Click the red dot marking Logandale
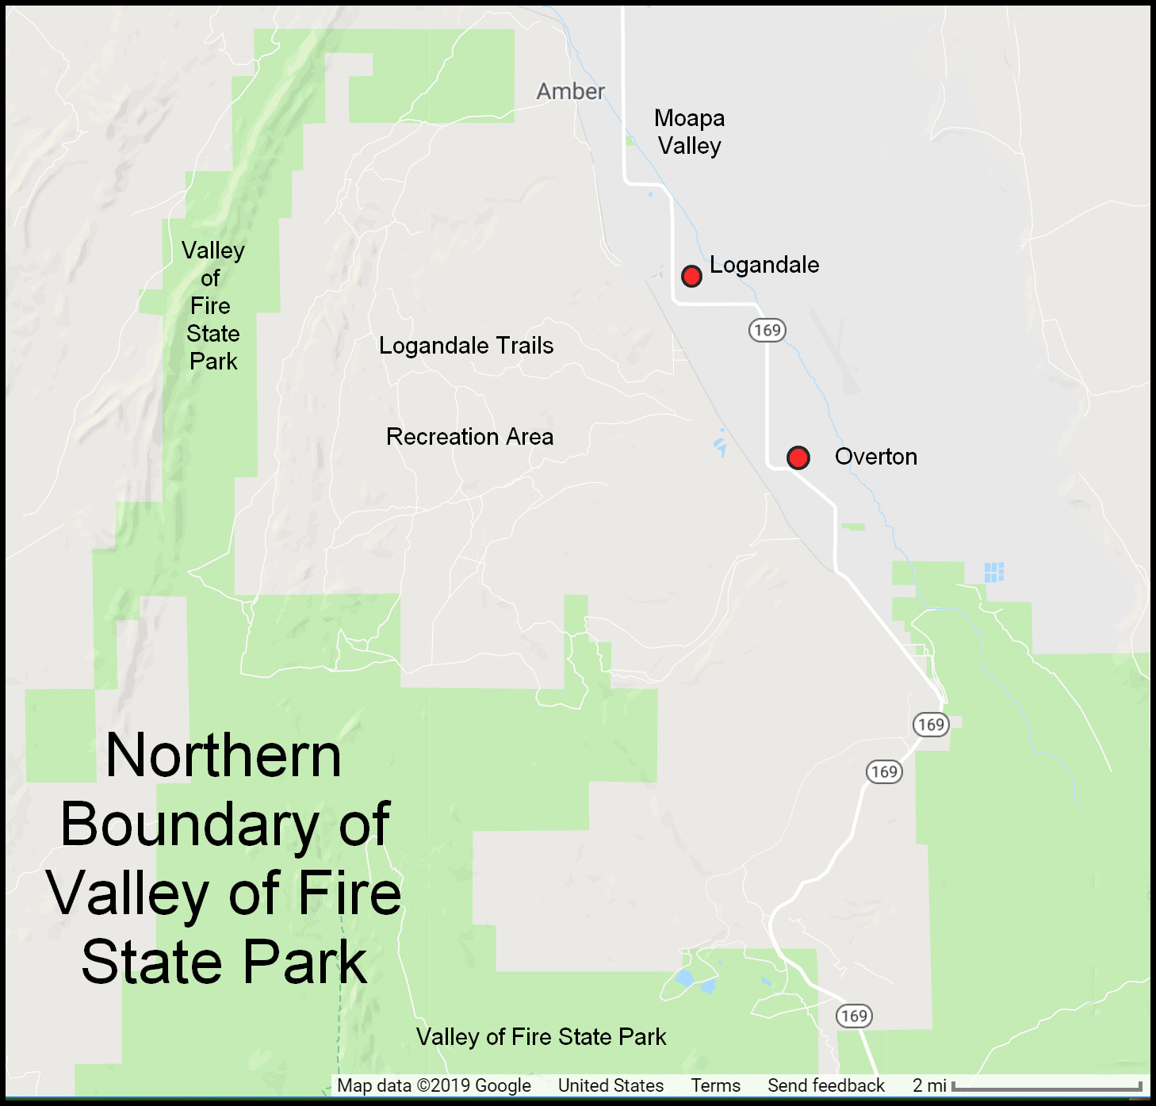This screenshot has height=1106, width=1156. tap(691, 276)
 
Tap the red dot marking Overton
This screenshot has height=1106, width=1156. tap(798, 457)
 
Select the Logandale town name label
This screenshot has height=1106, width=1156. tap(764, 265)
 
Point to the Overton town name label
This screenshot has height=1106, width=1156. tap(875, 457)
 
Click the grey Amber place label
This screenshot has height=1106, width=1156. tap(571, 92)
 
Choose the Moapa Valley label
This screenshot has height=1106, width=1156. tap(689, 132)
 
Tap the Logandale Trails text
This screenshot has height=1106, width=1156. tap(466, 346)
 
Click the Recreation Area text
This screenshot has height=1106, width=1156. tap(469, 437)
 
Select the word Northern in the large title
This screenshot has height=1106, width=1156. tap(224, 756)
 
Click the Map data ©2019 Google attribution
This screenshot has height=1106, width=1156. tap(434, 1085)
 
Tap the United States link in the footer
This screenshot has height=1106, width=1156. tap(611, 1085)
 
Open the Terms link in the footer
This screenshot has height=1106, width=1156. tap(715, 1085)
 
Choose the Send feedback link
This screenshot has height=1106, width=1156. tap(825, 1085)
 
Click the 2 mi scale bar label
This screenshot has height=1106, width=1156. tap(929, 1085)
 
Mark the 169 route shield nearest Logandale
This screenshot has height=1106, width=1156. tap(767, 330)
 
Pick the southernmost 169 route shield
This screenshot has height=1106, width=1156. tap(854, 1016)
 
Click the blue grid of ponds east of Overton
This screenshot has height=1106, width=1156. tap(994, 572)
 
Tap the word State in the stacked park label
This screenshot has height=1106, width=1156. tap(212, 334)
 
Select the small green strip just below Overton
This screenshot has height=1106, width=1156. tap(853, 526)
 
